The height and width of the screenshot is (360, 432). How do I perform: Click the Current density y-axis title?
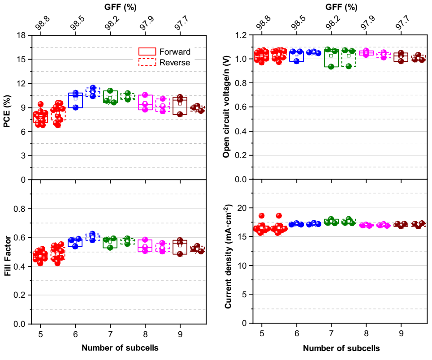(x=228, y=256)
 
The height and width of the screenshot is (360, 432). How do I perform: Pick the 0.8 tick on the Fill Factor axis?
(x=20, y=209)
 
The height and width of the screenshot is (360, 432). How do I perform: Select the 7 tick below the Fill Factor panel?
(x=110, y=333)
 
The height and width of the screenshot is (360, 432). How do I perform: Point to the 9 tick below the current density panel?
(x=401, y=333)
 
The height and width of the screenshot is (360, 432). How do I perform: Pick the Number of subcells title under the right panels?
(x=341, y=348)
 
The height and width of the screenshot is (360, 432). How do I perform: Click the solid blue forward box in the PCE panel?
(x=75, y=101)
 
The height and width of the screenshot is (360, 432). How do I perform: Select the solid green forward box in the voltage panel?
(x=331, y=57)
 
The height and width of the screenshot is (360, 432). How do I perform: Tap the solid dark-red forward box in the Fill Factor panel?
(x=180, y=247)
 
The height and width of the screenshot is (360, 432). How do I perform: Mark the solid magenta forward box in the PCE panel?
(x=145, y=102)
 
